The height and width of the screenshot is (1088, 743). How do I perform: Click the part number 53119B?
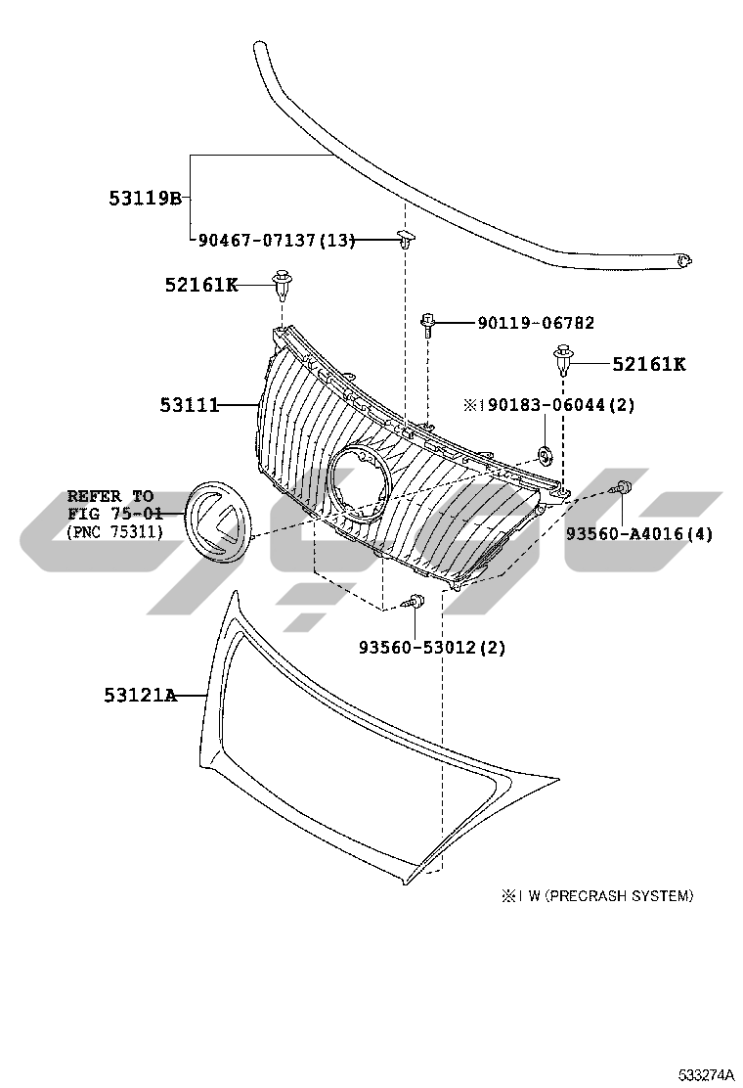145,199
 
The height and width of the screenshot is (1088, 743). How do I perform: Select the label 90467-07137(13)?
277,240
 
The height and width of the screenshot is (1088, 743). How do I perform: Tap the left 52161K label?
201,285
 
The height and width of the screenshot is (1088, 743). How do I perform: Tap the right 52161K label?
649,364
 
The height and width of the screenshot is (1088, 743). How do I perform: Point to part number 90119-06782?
536,323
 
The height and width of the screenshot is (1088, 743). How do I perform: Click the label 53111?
190,404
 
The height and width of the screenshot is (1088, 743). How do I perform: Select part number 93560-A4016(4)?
639,533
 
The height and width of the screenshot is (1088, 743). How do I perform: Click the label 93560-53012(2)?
432,648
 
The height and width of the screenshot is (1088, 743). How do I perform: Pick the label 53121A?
141,695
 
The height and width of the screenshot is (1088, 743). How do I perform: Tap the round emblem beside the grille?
218,521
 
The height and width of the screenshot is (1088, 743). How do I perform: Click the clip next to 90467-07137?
406,240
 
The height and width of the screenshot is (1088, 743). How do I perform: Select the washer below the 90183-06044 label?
546,456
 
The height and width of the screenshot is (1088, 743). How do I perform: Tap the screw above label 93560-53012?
415,601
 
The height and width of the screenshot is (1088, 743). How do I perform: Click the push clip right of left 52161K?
283,284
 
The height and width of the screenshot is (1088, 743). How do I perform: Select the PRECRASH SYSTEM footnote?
597,896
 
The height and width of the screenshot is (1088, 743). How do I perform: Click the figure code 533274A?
706,1075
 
